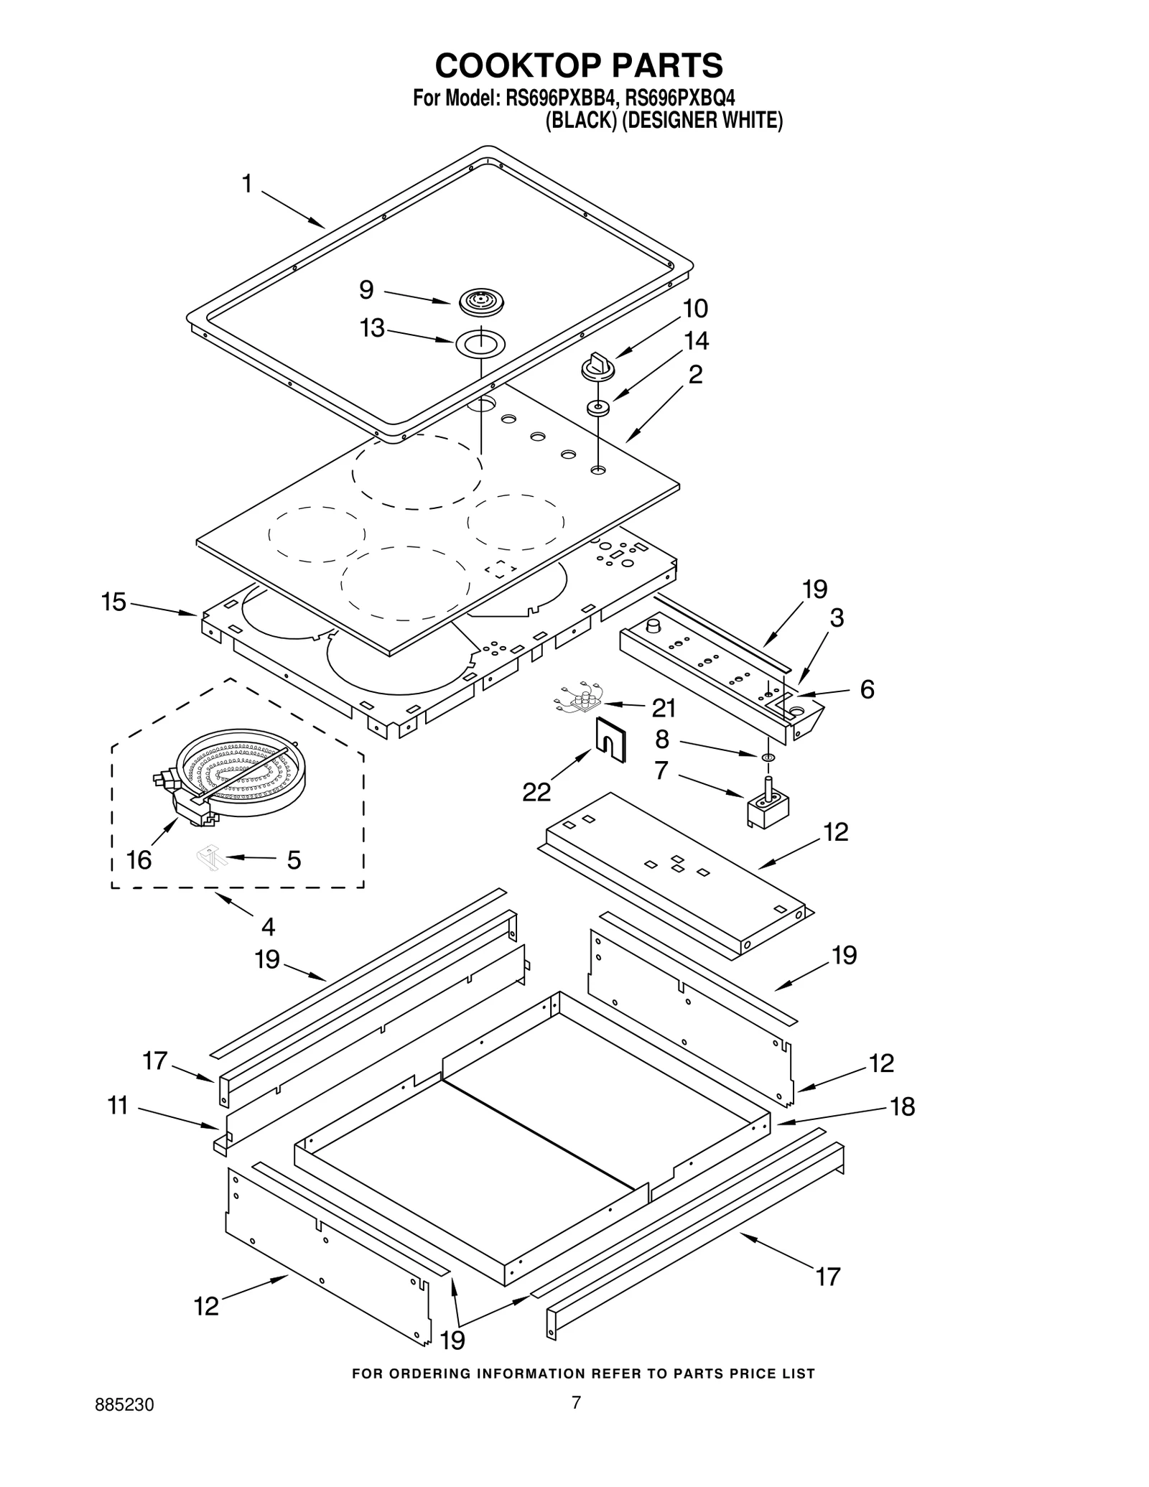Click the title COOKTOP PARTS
pyautogui.click(x=579, y=65)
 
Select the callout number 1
pyautogui.click(x=247, y=185)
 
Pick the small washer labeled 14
pyautogui.click(x=598, y=409)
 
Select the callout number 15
pyautogui.click(x=113, y=602)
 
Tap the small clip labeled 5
pyautogui.click(x=211, y=857)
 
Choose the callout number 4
pyautogui.click(x=268, y=926)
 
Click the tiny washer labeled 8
pyautogui.click(x=768, y=757)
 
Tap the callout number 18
pyautogui.click(x=903, y=1106)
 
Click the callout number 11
pyautogui.click(x=118, y=1106)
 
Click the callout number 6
pyautogui.click(x=867, y=690)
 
